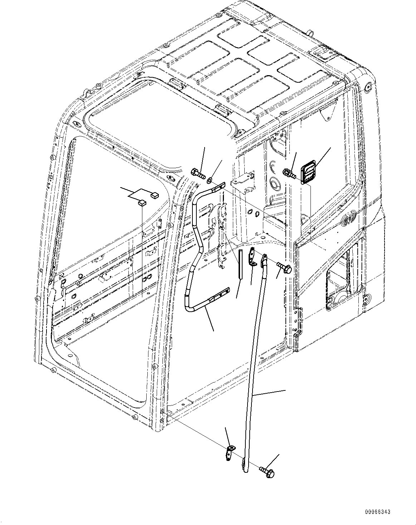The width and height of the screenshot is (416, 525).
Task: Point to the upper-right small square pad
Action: (x=155, y=195)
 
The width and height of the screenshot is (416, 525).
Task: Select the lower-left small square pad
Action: (x=142, y=203)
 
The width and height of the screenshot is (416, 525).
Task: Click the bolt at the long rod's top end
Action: (x=285, y=267)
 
